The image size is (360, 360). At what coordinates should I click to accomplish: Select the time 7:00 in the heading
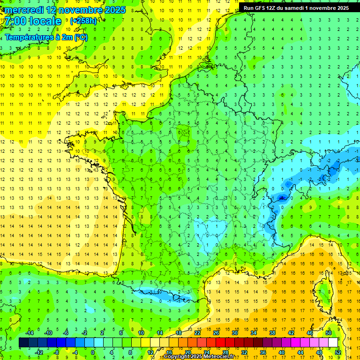point(15,21)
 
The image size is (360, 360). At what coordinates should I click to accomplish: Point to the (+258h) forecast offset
point(83,21)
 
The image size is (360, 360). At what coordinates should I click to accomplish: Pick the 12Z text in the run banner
point(272,8)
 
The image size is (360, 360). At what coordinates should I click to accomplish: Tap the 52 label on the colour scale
point(337,352)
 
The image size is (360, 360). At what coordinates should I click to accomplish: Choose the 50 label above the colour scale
point(328,333)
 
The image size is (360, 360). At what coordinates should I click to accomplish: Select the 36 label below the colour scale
point(262,352)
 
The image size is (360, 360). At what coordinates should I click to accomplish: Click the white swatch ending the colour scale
point(333,343)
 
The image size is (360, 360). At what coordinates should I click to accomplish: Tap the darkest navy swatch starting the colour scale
point(23,343)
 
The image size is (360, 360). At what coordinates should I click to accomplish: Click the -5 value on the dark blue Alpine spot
point(281,198)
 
